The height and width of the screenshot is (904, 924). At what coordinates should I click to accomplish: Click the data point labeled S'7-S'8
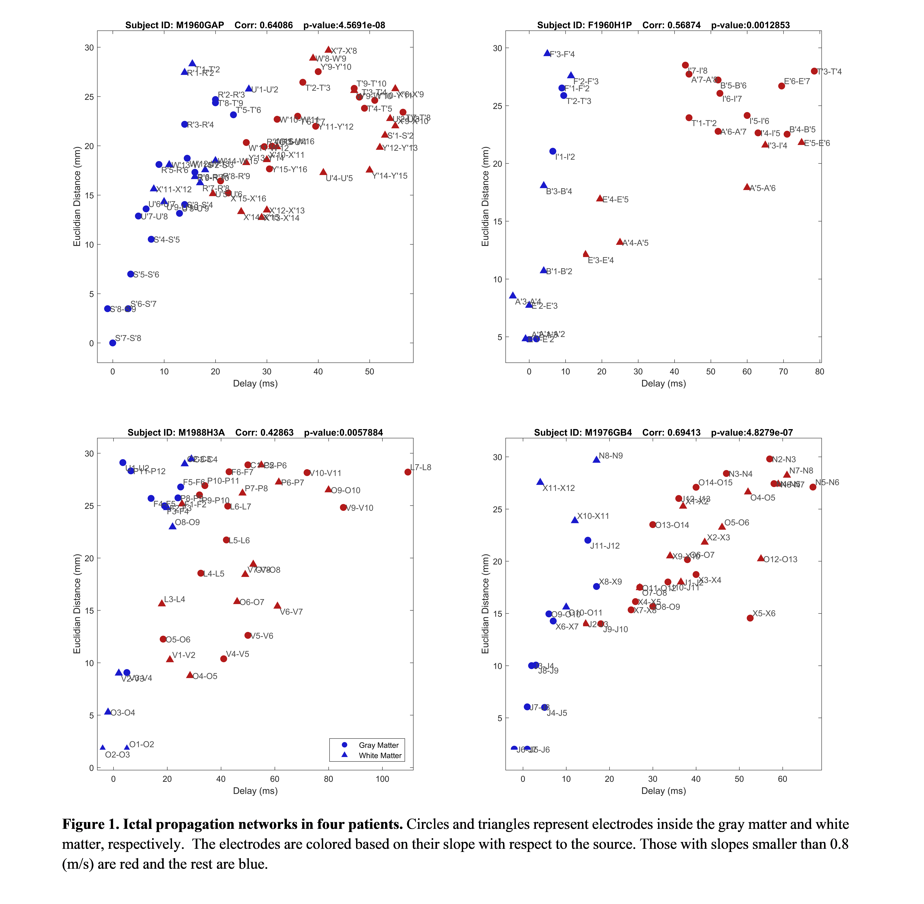113,343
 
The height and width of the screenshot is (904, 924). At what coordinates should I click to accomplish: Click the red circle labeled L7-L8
408,472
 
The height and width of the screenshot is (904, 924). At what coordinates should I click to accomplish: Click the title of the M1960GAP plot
255,25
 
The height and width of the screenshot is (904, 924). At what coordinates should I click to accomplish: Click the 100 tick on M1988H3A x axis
382,779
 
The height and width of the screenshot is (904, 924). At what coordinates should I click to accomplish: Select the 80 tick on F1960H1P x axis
820,372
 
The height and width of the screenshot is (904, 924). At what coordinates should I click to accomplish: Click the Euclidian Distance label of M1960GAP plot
77,196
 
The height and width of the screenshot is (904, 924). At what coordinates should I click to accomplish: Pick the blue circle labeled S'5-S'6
131,274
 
